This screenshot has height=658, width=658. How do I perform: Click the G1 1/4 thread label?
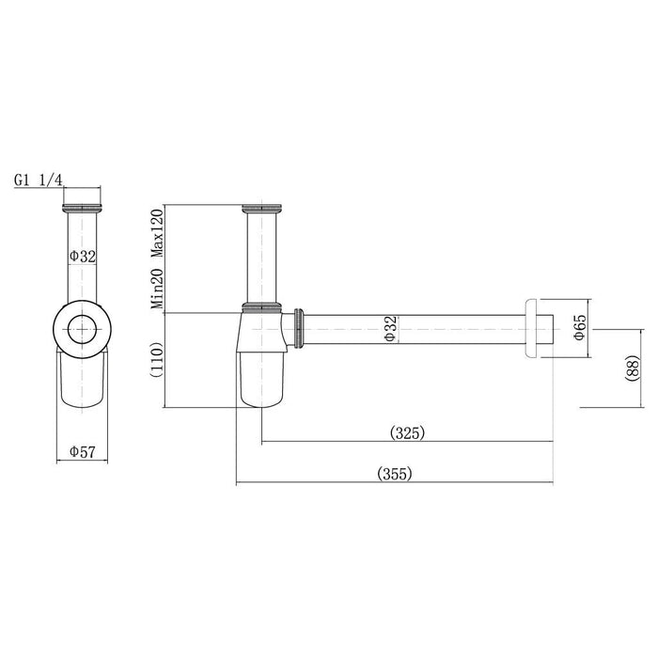pyautogui.click(x=39, y=180)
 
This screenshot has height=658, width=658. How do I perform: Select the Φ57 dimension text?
pyautogui.click(x=83, y=451)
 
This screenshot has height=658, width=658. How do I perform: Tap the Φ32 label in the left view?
pyautogui.click(x=83, y=256)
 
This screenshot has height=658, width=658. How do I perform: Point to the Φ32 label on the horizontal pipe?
pyautogui.click(x=390, y=329)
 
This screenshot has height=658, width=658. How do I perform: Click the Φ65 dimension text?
pyautogui.click(x=580, y=327)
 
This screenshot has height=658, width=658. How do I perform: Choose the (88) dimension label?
pyautogui.click(x=633, y=368)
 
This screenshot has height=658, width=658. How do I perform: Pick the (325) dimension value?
pyautogui.click(x=407, y=432)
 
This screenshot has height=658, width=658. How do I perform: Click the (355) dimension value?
pyautogui.click(x=395, y=474)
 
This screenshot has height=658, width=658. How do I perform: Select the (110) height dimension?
pyautogui.click(x=156, y=360)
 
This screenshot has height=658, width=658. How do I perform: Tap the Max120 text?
pyautogui.click(x=157, y=233)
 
